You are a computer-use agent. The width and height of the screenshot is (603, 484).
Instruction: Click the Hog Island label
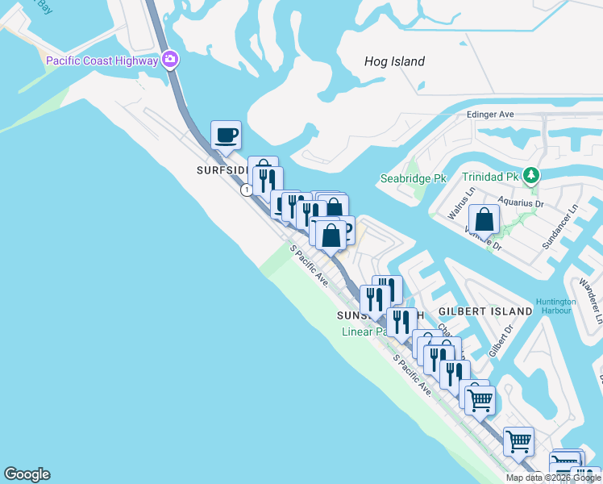click(394, 61)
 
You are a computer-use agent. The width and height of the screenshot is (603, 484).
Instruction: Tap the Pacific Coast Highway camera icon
click(170, 60)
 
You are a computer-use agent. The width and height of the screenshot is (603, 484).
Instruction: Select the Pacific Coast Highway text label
click(102, 60)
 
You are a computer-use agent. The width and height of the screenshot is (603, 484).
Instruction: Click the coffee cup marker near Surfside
click(226, 135)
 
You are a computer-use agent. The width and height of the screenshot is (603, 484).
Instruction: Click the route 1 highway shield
click(246, 190)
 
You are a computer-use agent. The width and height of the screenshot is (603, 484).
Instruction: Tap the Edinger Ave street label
click(490, 115)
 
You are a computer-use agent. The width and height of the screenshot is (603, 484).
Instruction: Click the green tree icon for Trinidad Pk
click(530, 175)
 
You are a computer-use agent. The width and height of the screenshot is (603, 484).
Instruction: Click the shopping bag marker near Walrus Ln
click(484, 219)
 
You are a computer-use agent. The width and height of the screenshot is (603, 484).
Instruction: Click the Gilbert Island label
click(485, 311)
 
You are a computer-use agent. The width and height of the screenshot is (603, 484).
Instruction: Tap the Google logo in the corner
click(27, 474)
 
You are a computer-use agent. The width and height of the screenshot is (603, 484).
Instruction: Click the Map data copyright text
click(553, 478)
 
